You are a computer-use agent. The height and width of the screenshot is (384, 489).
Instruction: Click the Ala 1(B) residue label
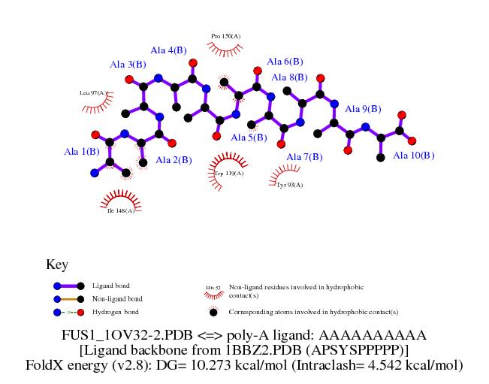[x=82, y=152]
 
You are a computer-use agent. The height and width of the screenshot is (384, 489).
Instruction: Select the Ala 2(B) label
[x=174, y=160]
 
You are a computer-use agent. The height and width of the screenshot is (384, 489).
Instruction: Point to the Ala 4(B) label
[x=168, y=50]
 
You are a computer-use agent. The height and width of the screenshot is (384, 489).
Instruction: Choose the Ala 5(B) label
[x=249, y=138]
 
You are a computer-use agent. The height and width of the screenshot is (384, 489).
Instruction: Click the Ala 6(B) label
[x=285, y=62]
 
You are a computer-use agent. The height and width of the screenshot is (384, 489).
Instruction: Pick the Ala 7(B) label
[x=304, y=157]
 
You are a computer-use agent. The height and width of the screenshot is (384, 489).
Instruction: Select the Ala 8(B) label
[x=289, y=77]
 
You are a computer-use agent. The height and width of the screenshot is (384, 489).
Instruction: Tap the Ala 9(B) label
[x=363, y=109]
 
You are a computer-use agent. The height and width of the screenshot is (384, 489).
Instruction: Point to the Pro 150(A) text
[x=225, y=36]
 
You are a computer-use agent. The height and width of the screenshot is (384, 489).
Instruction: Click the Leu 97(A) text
[x=92, y=93]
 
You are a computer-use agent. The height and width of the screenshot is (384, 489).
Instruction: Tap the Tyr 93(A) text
[x=289, y=185]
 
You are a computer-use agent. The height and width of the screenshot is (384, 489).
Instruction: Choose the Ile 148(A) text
[x=121, y=210]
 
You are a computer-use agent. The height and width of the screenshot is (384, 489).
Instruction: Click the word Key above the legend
[x=57, y=265]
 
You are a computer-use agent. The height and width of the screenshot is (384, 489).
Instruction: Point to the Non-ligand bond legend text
[x=118, y=299]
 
